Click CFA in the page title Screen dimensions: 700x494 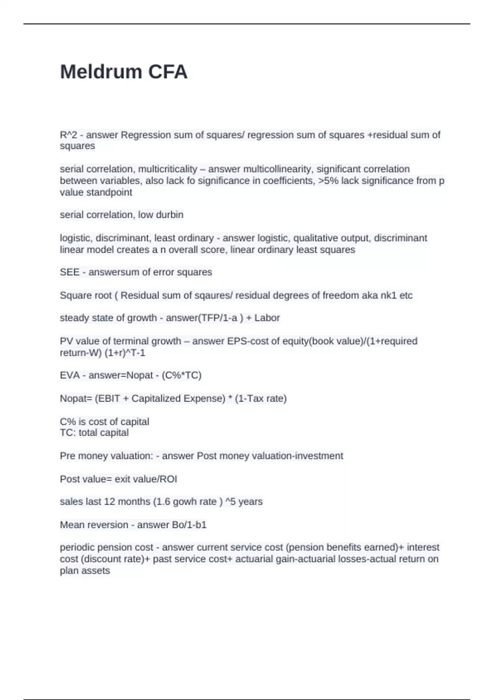168,72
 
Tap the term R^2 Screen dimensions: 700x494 68,135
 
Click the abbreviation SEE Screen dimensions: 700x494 70,272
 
